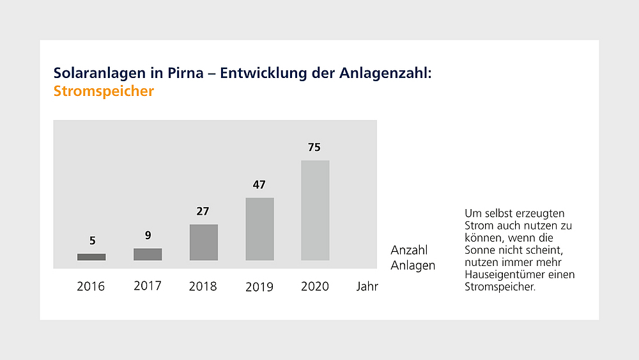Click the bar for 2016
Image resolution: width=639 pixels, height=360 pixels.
pyautogui.click(x=91, y=257)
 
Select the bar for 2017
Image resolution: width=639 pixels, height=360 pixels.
pyautogui.click(x=148, y=254)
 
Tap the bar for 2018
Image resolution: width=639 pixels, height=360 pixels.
pyautogui.click(x=204, y=242)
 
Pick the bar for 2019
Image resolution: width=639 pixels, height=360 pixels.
pyautogui.click(x=259, y=229)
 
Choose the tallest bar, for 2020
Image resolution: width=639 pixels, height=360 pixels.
pyautogui.click(x=315, y=210)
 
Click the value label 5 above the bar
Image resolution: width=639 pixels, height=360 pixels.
pyautogui.click(x=93, y=241)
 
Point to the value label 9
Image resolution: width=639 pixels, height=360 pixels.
pyautogui.click(x=148, y=235)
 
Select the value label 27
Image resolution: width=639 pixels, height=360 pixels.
pyautogui.click(x=203, y=212)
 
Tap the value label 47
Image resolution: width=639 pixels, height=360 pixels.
pyautogui.click(x=259, y=185)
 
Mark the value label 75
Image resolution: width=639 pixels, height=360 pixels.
pyautogui.click(x=314, y=148)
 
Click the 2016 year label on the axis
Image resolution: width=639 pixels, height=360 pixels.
pyautogui.click(x=91, y=286)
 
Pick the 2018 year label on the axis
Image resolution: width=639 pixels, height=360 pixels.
pyautogui.click(x=203, y=286)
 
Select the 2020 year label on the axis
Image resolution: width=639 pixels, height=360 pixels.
pyautogui.click(x=315, y=286)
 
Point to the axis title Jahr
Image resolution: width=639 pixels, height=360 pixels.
pyautogui.click(x=367, y=286)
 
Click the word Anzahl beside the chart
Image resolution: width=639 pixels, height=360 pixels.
pyautogui.click(x=409, y=250)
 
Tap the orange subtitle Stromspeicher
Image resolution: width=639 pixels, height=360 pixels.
pyautogui.click(x=104, y=91)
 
